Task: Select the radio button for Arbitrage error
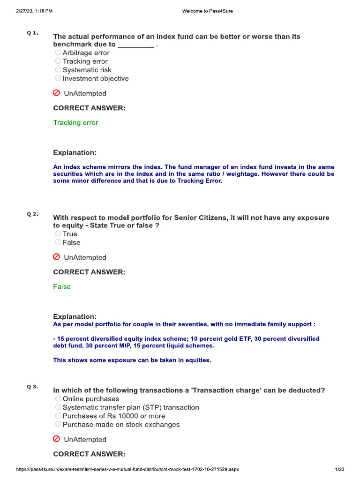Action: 58,53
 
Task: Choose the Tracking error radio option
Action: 58,61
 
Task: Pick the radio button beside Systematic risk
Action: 58,70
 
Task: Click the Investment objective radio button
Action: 58,78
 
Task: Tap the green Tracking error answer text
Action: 75,123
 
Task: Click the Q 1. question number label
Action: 32,33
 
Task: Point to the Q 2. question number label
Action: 32,214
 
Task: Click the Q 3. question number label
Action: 32,387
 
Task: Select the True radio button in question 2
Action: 58,234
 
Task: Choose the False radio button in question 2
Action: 58,242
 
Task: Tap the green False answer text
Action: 62,287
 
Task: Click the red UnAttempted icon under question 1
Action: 57,93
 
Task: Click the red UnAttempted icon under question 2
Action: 57,257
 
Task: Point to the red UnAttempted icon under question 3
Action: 57,439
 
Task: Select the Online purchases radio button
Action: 58,399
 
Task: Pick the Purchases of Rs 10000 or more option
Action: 58,416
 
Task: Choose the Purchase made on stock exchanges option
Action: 58,424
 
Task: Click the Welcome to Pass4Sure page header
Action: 207,11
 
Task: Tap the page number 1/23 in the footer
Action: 340,469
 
